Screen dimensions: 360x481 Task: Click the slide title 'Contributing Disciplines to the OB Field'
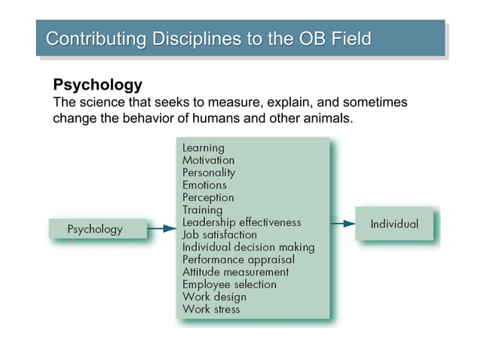tap(209, 39)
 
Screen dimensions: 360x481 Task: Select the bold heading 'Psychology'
tap(97, 84)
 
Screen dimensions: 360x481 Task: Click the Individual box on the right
tap(394, 224)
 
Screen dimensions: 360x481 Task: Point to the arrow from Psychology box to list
tap(161, 228)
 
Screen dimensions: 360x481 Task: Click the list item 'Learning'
tap(203, 148)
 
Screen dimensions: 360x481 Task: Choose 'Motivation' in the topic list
tap(208, 160)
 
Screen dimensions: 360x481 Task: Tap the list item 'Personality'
tap(209, 172)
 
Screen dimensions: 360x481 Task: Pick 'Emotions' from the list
tap(204, 185)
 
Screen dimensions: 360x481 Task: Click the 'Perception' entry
tap(208, 197)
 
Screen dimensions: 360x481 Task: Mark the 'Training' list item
tap(202, 210)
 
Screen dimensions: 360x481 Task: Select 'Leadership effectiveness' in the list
tap(241, 222)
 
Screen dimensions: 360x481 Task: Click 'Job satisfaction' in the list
tap(219, 235)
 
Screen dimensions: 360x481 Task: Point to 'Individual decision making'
tap(248, 247)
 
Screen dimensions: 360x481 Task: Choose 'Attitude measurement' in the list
tap(235, 272)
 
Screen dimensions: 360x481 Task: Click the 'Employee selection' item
tap(229, 284)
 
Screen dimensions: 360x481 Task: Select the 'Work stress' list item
tap(211, 309)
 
